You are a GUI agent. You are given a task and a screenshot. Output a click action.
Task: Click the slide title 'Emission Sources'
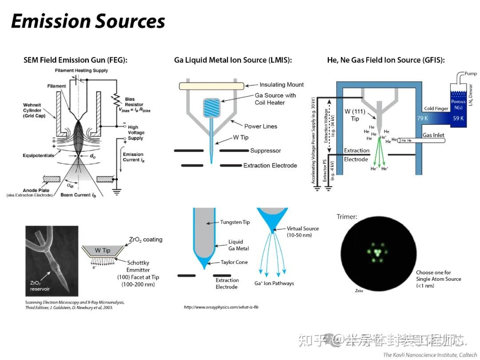tap(88, 21)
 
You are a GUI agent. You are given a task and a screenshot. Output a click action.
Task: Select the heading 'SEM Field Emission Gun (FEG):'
tap(76, 60)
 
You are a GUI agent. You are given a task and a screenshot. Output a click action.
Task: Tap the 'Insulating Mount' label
tap(282, 85)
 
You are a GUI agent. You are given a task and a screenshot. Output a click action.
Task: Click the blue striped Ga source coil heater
tap(212, 108)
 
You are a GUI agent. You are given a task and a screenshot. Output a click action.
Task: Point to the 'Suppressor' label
tap(265, 151)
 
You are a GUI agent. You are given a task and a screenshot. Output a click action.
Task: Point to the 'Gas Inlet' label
tap(433, 135)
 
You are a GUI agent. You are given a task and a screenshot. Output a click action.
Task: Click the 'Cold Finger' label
tap(436, 108)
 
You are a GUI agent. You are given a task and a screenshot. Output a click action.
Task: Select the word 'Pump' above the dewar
tap(471, 73)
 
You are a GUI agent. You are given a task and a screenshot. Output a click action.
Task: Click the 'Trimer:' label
tap(347, 217)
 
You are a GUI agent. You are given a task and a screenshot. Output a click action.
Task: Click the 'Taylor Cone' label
tap(234, 262)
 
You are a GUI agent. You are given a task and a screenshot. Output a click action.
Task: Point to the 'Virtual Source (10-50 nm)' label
tap(303, 232)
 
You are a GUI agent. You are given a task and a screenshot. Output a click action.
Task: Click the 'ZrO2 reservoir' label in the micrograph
tap(40, 286)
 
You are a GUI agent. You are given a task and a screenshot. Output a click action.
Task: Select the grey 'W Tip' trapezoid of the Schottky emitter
tap(103, 251)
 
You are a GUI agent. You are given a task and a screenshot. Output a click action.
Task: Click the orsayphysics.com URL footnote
tap(221, 307)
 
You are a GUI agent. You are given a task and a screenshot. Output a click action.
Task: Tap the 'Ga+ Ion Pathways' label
tap(274, 283)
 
